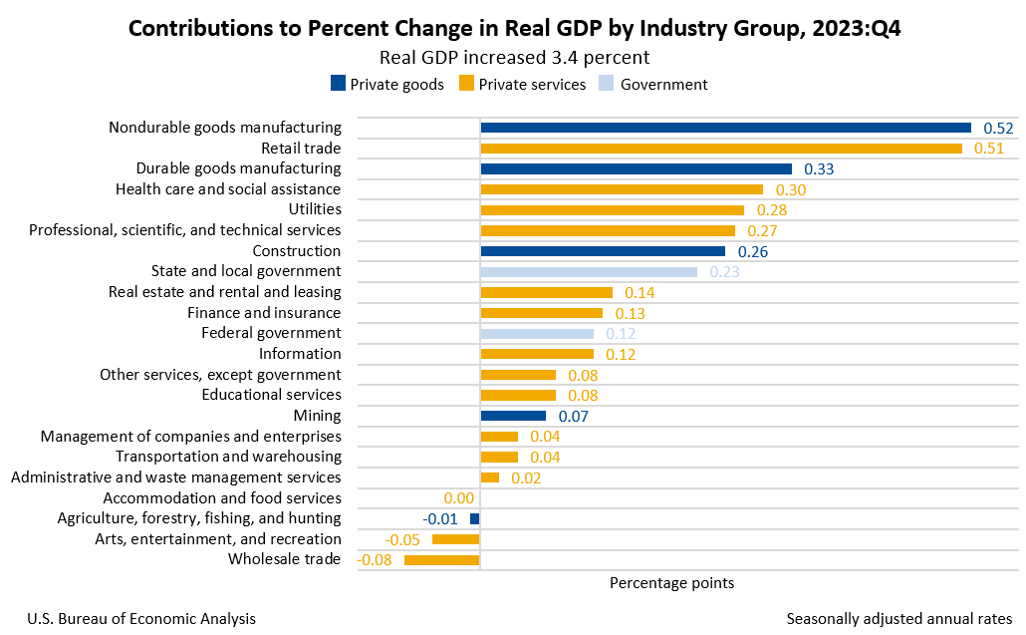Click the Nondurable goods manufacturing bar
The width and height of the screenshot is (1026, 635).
click(725, 128)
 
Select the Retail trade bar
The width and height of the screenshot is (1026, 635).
click(721, 149)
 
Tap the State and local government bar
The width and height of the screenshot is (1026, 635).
click(589, 271)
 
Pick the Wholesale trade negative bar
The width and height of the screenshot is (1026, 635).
click(442, 560)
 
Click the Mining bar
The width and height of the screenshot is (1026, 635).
click(513, 416)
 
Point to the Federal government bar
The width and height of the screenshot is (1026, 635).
click(537, 333)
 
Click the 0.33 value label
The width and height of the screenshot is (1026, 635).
click(819, 169)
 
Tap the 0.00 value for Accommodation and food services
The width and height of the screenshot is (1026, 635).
click(458, 498)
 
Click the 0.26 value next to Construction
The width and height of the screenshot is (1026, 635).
click(753, 251)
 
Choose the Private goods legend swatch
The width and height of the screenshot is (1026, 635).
click(338, 84)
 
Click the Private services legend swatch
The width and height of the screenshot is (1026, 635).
click(466, 84)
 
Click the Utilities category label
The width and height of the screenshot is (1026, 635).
click(315, 209)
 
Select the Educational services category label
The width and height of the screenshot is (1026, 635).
click(271, 395)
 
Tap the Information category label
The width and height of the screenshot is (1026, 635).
click(300, 354)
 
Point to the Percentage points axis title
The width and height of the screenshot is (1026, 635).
click(671, 582)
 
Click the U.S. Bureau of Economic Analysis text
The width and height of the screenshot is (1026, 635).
click(141, 619)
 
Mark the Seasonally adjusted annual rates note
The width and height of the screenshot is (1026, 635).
click(898, 619)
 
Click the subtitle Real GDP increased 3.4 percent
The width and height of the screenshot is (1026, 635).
click(515, 57)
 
